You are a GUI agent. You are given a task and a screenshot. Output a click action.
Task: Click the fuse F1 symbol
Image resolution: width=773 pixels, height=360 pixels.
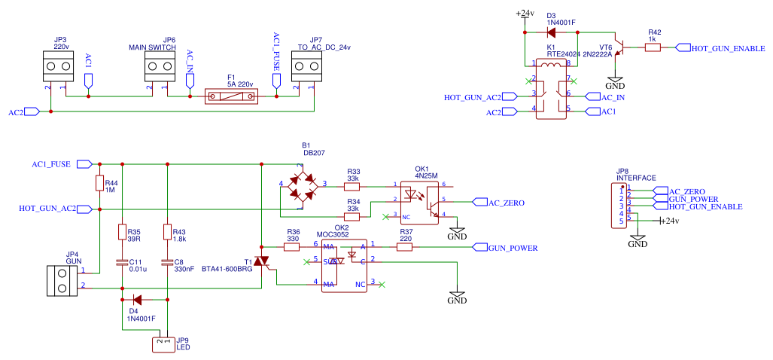(x=232, y=96)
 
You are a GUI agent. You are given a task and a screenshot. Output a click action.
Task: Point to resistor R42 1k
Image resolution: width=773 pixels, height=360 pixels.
(x=653, y=47)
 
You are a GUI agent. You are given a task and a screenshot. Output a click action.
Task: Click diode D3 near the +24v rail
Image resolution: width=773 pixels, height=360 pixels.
(x=551, y=32)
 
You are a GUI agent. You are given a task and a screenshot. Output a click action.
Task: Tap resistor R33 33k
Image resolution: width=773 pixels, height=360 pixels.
(x=352, y=185)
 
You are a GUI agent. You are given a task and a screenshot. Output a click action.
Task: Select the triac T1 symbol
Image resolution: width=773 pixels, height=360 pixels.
(x=261, y=261)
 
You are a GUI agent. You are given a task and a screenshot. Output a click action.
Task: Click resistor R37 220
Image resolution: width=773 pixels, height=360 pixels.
(x=406, y=246)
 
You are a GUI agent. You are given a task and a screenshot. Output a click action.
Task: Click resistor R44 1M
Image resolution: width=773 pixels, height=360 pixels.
(x=99, y=183)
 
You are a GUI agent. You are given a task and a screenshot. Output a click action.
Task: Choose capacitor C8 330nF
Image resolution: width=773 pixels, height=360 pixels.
(x=168, y=263)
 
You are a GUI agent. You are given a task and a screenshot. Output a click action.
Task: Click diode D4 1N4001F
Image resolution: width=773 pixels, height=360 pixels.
(x=137, y=300)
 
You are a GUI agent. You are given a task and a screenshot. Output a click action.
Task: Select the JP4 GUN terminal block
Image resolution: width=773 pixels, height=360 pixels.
(x=62, y=280)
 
